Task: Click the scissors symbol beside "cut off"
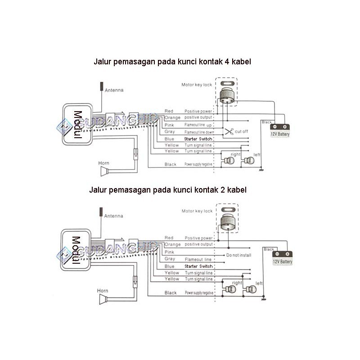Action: (229, 132)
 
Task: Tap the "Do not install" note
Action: (238, 255)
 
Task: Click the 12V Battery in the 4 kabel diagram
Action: (280, 131)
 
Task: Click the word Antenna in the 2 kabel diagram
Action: (113, 216)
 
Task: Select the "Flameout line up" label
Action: (198, 125)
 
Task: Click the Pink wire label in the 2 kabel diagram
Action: (169, 252)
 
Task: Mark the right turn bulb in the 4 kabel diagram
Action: (227, 161)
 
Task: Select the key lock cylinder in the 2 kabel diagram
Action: (228, 222)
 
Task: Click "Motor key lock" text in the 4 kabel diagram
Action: (197, 84)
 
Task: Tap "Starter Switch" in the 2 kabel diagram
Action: (198, 266)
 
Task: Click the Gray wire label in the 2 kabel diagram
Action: (170, 259)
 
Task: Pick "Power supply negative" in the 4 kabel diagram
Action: (198, 165)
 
